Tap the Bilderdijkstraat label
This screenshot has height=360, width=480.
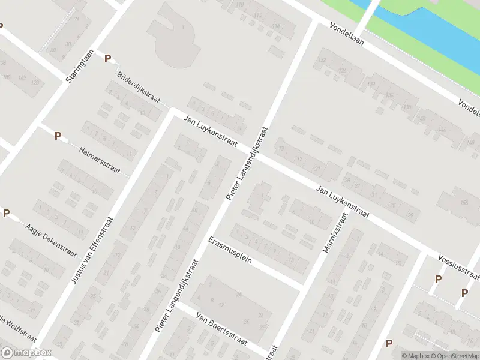click(139, 88)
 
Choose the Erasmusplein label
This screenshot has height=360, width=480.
click(229, 252)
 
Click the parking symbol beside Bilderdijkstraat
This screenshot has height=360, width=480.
click(108, 59)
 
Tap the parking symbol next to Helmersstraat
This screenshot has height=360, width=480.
click(58, 136)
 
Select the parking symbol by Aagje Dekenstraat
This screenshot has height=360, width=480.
click(6, 213)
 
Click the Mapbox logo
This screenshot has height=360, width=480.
click(26, 353)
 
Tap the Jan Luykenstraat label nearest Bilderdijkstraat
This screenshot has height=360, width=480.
click(211, 133)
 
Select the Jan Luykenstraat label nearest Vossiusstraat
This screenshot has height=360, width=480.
click(343, 201)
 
